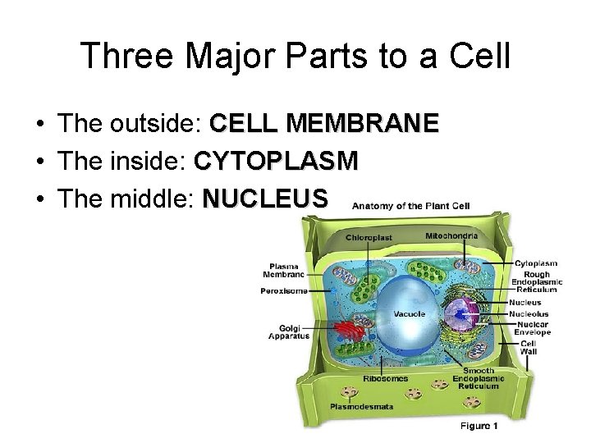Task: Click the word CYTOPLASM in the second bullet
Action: pos(276,161)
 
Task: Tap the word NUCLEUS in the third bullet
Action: pos(265,198)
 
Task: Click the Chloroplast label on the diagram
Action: pos(369,238)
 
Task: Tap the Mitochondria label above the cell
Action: pos(451,236)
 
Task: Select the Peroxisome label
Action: pos(284,290)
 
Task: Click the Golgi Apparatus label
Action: pos(289,331)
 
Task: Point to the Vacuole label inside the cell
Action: pos(409,314)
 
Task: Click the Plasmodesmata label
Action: pos(361,406)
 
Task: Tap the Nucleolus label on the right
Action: pos(529,314)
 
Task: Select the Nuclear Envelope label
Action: pos(533,328)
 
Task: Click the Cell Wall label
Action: pos(528,347)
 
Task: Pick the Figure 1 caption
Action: pos(479,426)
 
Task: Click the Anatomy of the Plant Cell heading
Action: pos(410,206)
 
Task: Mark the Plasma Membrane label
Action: pos(286,270)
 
